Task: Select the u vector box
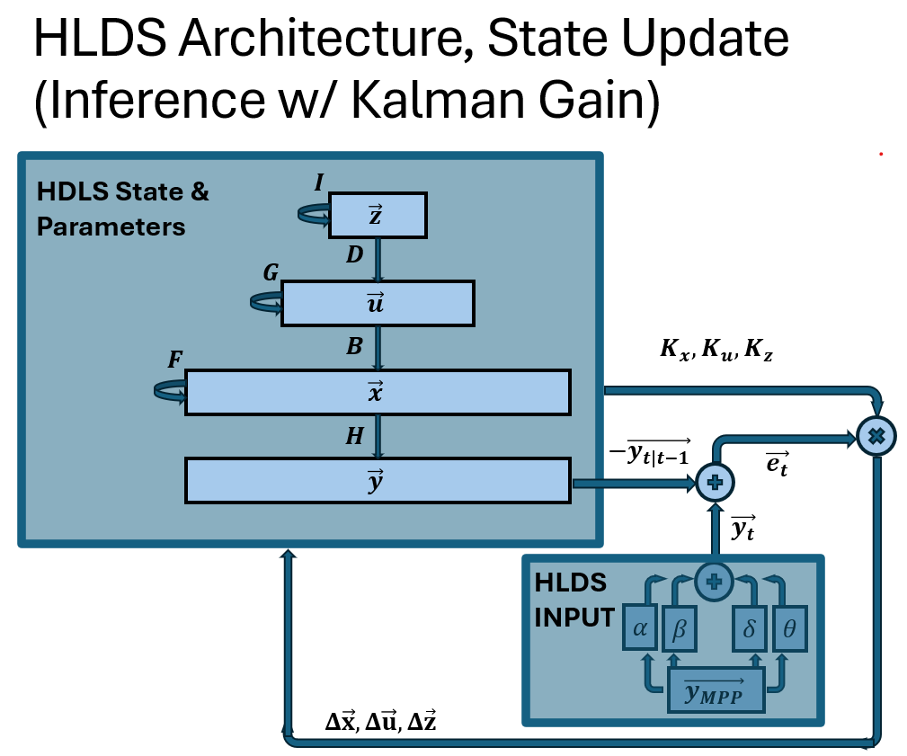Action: pos(378,303)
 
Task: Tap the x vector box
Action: pos(378,392)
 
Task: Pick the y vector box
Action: pos(378,480)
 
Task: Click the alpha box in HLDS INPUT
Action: pos(641,630)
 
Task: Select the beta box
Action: pos(679,630)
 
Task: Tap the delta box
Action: pos(751,630)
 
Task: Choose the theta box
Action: pos(789,630)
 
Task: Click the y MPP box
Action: pos(716,690)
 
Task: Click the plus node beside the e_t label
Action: pos(716,482)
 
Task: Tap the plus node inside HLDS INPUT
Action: pos(716,581)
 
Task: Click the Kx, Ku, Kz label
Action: pos(716,353)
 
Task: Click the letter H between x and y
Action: pos(354,437)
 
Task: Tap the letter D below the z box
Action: pos(354,255)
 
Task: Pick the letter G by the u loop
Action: pos(270,273)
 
